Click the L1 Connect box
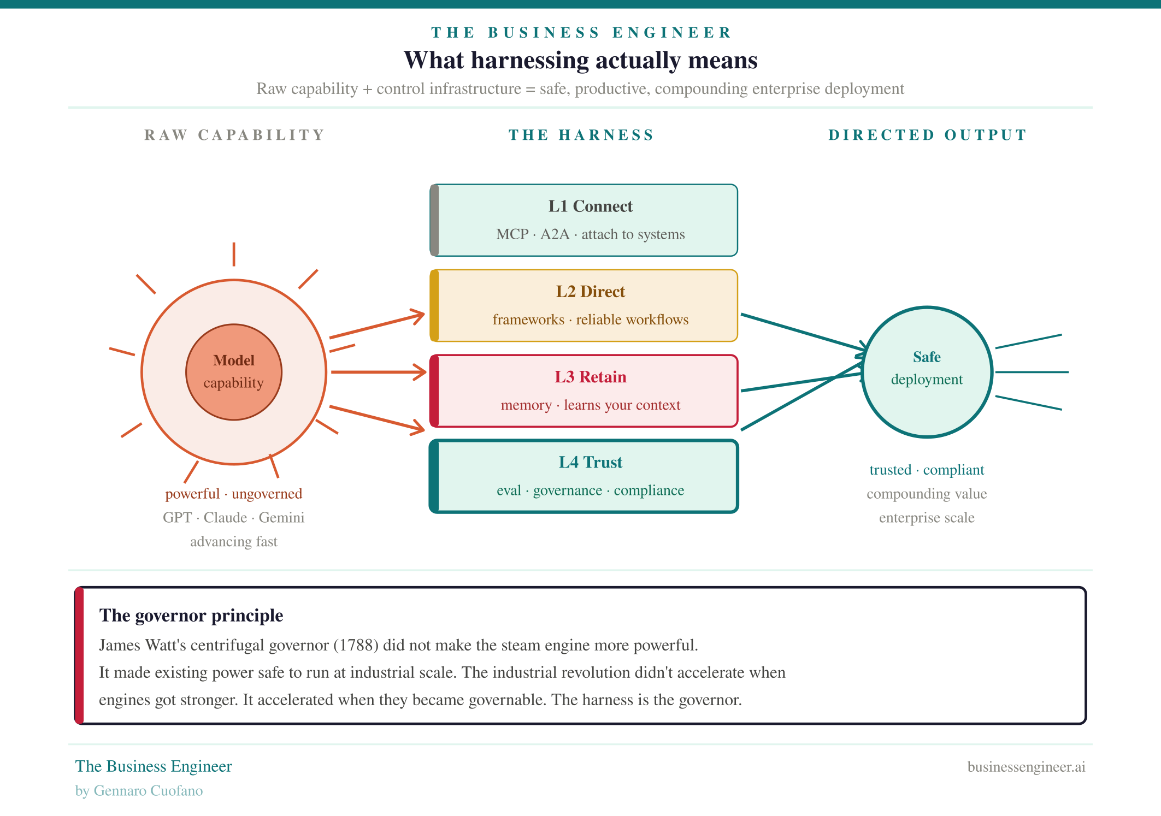(x=584, y=220)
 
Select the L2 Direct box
(x=584, y=305)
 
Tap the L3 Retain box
(x=584, y=391)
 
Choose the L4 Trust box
(x=584, y=476)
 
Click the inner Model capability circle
(x=234, y=372)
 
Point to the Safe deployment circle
(x=927, y=371)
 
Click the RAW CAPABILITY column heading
(x=234, y=135)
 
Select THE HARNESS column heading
(x=581, y=135)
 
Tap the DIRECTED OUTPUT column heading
(x=927, y=135)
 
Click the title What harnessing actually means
(x=580, y=60)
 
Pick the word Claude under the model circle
(x=225, y=517)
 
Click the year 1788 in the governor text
(x=356, y=645)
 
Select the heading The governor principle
(x=191, y=616)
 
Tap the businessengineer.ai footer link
(x=1026, y=766)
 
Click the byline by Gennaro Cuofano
(x=139, y=790)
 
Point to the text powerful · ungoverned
(x=233, y=494)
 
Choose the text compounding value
(x=927, y=494)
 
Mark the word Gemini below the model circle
(x=281, y=517)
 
